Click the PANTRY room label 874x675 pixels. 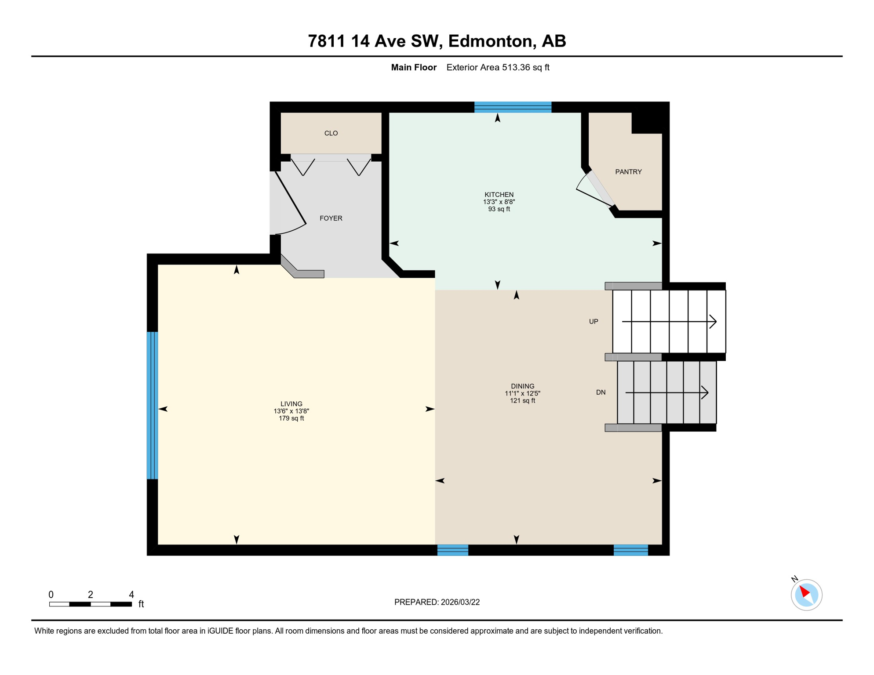pos(628,172)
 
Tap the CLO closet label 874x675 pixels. pos(331,133)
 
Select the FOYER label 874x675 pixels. pos(331,218)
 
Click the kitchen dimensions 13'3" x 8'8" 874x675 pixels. pos(499,202)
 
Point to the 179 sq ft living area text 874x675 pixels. pos(291,418)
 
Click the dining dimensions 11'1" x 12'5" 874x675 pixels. pos(522,393)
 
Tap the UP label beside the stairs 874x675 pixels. pos(594,322)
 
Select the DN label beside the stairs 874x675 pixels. pos(601,392)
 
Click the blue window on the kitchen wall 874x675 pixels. pos(513,107)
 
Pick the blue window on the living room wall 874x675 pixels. pos(152,405)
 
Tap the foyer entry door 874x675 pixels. pos(290,199)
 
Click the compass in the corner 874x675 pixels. pos(806,595)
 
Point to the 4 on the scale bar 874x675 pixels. pos(131,595)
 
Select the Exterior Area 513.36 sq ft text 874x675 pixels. pos(498,67)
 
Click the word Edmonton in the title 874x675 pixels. pos(490,41)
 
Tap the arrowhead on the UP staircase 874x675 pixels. pos(713,322)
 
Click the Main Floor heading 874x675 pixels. pos(413,67)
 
